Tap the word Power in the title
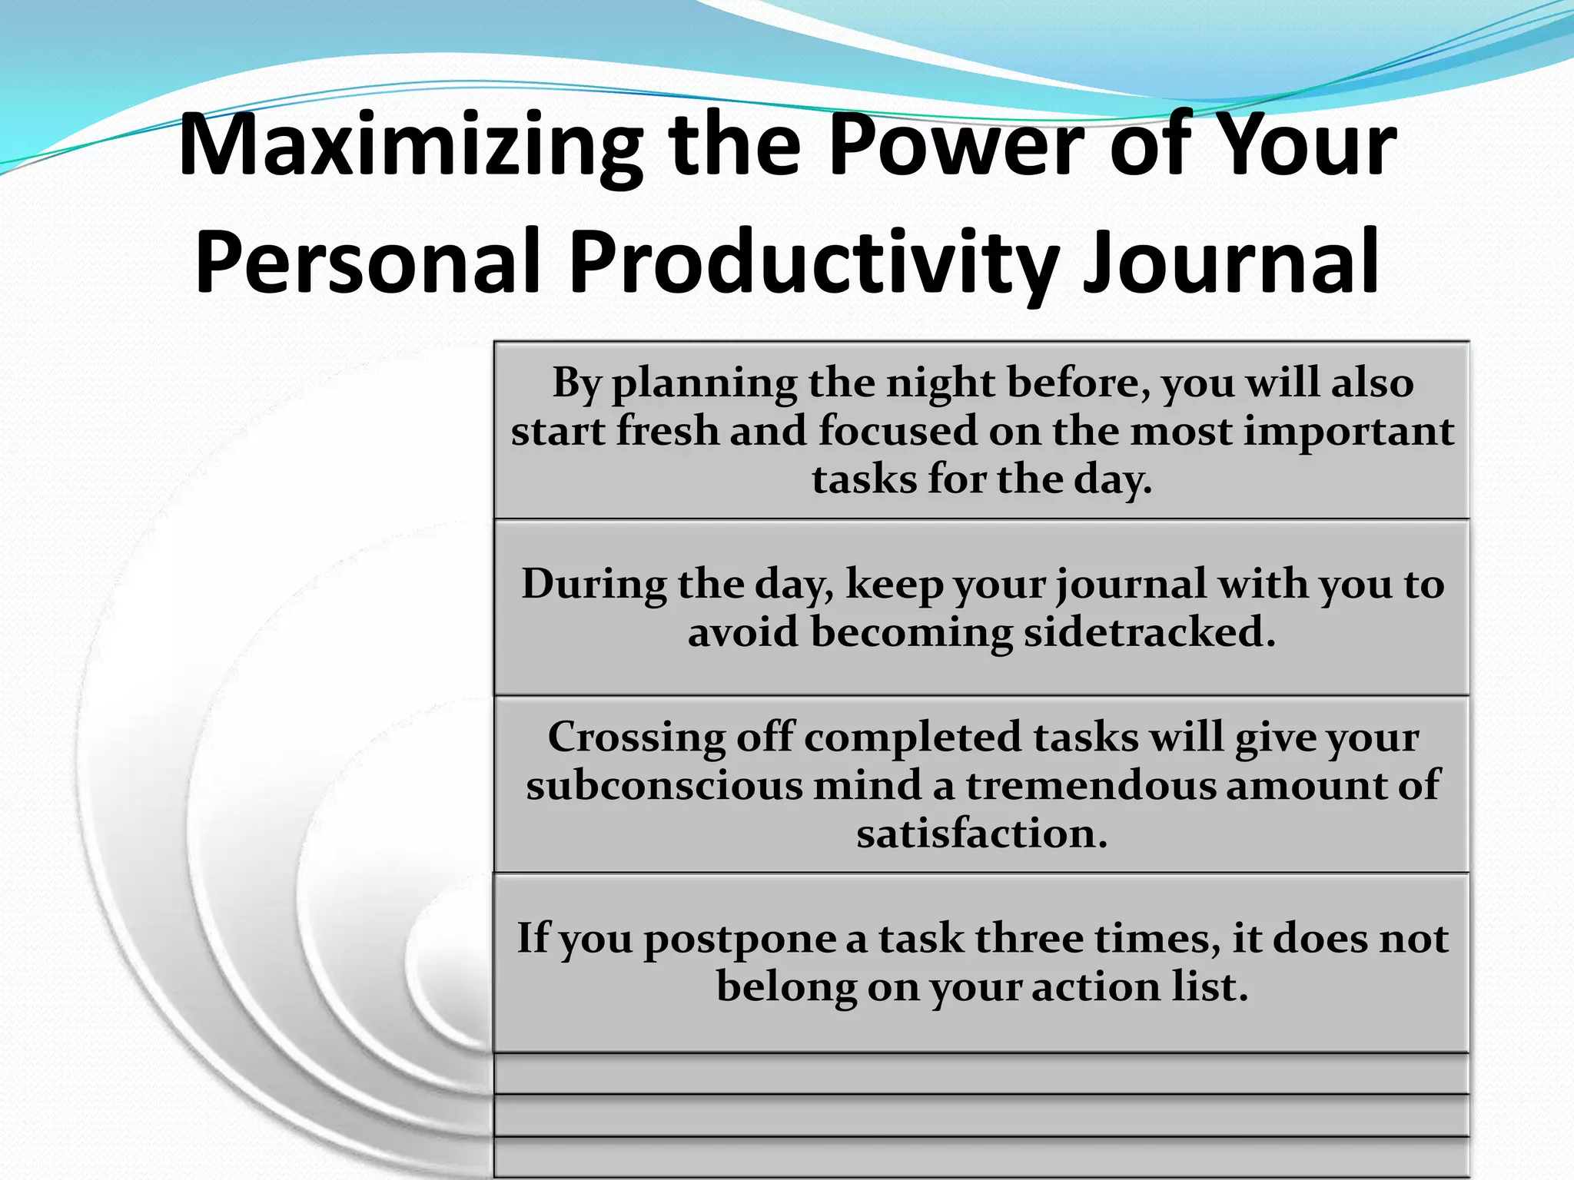(956, 146)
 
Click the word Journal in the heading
(1230, 263)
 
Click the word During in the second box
(594, 585)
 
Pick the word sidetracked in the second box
(1149, 632)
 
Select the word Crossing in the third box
(636, 738)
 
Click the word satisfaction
(981, 834)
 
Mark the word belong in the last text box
(786, 988)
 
